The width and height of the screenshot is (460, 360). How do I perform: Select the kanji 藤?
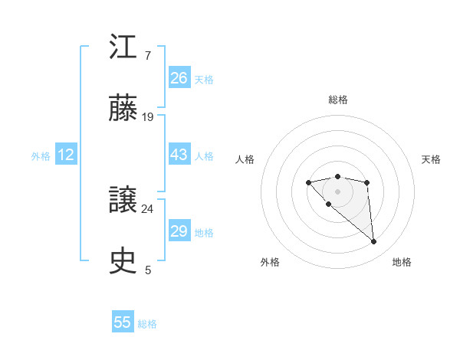point(123,110)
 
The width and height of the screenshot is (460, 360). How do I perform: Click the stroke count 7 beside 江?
point(147,56)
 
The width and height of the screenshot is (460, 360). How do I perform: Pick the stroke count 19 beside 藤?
point(148,117)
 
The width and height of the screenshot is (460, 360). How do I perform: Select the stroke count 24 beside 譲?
point(148,208)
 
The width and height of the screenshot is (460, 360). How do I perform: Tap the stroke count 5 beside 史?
point(148,270)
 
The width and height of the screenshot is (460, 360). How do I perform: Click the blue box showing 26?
point(179,78)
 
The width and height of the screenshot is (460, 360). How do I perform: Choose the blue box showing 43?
point(179,155)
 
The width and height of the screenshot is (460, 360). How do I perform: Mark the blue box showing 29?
point(179,231)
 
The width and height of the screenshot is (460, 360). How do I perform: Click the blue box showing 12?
point(66,155)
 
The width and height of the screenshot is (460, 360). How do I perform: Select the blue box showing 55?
point(123,322)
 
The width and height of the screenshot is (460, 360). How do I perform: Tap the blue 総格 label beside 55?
point(147,324)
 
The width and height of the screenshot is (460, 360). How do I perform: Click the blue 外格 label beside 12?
point(41,156)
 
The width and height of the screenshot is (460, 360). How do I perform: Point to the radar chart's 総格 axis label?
point(337,100)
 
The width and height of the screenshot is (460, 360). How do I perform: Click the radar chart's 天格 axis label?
point(432,159)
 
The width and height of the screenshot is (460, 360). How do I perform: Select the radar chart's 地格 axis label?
point(402,262)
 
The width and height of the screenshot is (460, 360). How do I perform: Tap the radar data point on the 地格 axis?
point(374,242)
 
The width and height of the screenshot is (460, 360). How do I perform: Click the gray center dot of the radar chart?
point(337,191)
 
